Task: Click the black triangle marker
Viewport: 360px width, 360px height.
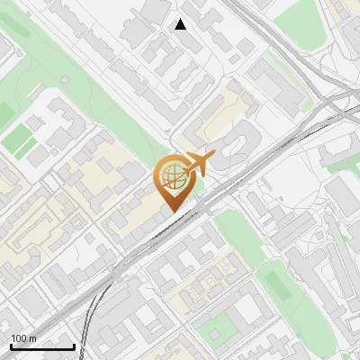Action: click(181, 24)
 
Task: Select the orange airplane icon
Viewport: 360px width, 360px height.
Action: click(199, 164)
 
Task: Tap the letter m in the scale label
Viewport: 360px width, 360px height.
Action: click(34, 338)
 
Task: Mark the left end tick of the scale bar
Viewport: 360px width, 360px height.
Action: click(10, 346)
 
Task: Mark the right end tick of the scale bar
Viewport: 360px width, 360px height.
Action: click(74, 346)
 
